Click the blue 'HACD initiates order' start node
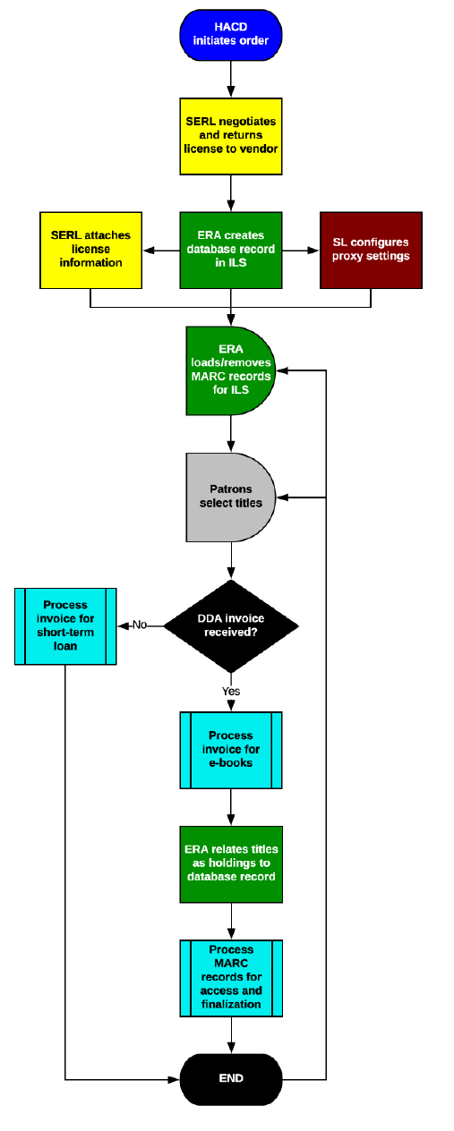tap(231, 36)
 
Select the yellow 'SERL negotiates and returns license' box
tap(231, 135)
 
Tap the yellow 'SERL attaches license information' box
tap(91, 250)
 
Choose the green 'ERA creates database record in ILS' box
tap(231, 250)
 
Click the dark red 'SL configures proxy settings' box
tap(371, 250)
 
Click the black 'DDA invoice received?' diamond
tap(231, 625)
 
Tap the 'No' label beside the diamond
tap(140, 625)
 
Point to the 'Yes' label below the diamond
tap(231, 691)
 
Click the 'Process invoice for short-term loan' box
tap(66, 625)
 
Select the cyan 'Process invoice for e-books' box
tap(231, 750)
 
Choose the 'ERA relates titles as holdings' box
tap(231, 863)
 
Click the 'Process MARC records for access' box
tap(231, 977)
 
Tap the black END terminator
tap(231, 1078)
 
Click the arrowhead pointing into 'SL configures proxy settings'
tap(314, 250)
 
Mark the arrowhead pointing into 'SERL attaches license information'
tap(149, 250)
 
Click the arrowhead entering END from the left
tap(176, 1078)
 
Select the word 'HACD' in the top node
tap(231, 29)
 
